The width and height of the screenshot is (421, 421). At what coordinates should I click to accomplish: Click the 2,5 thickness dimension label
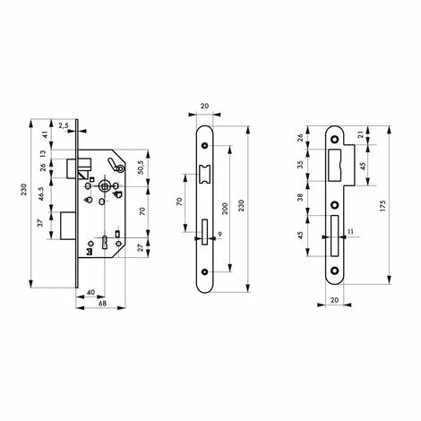click(x=64, y=125)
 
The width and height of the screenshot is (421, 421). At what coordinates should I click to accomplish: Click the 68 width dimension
click(x=102, y=303)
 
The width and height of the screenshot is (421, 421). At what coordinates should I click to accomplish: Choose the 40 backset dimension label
click(x=90, y=292)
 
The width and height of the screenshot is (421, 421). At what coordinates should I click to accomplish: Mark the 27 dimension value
click(x=142, y=246)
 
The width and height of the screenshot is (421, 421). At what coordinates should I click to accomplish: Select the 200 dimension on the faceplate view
click(x=226, y=208)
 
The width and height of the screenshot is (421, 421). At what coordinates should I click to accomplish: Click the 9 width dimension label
click(x=220, y=234)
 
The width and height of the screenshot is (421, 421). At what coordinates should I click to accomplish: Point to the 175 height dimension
click(x=383, y=206)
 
